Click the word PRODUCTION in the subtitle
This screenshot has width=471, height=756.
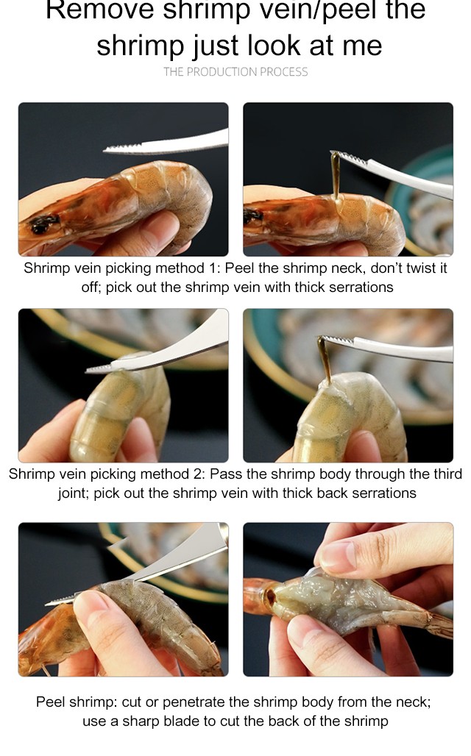click(222, 72)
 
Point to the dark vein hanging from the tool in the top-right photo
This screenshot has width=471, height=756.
click(335, 174)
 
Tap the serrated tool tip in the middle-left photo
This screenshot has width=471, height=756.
click(99, 369)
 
